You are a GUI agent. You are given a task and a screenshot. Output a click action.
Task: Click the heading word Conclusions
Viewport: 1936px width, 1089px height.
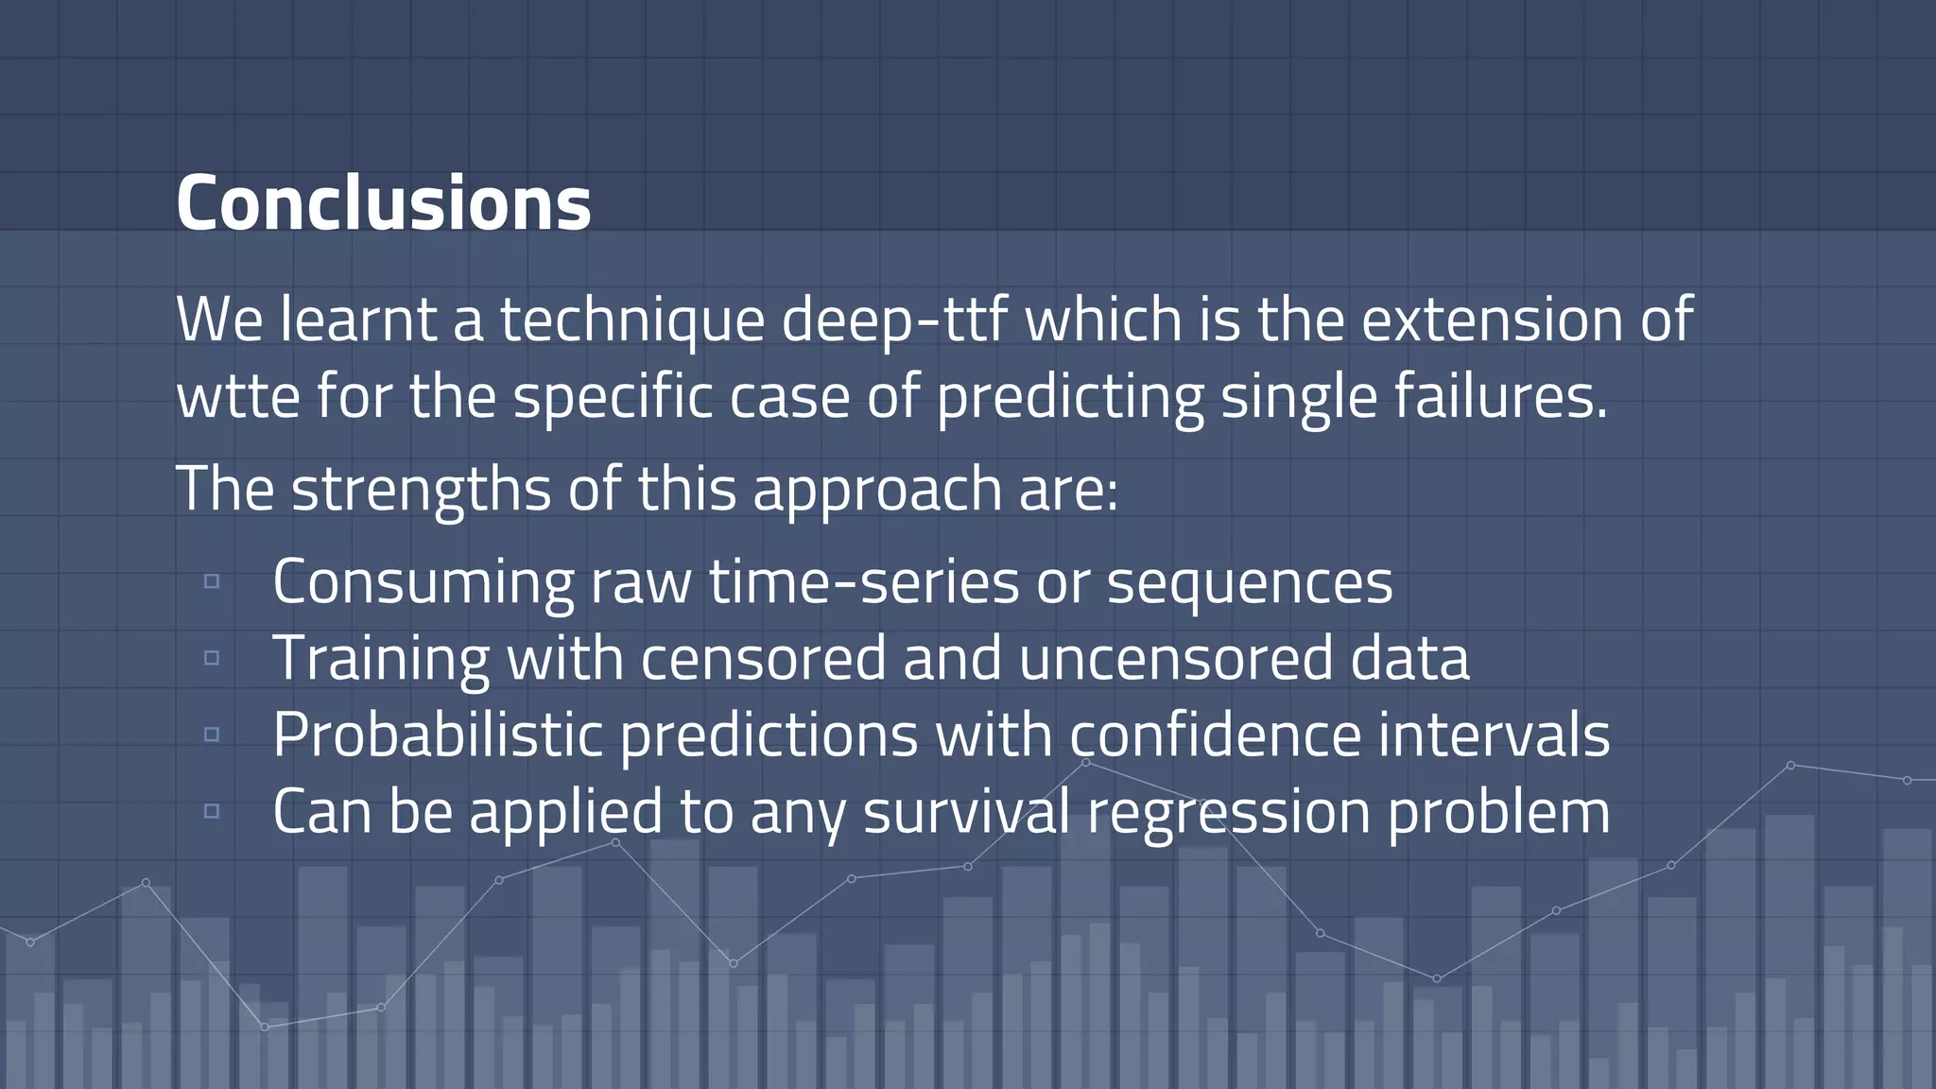tap(383, 203)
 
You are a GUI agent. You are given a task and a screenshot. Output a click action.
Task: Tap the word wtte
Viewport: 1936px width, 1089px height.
tap(238, 397)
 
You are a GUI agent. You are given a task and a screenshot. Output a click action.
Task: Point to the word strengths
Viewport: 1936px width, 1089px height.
tap(421, 490)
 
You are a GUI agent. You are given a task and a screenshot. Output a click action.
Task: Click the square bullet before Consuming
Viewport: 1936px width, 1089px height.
tap(212, 581)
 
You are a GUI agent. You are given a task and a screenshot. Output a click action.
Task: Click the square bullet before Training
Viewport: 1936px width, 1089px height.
tap(212, 658)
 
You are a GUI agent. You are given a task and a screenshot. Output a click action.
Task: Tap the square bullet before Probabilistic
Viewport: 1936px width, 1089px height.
tap(212, 735)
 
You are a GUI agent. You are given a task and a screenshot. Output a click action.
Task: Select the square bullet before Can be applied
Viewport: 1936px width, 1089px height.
tap(212, 811)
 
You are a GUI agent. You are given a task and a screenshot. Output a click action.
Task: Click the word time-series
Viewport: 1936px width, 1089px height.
tap(864, 581)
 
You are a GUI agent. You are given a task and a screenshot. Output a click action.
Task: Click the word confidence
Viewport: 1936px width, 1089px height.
tap(1215, 735)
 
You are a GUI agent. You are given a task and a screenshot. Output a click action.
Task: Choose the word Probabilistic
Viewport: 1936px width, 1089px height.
tap(438, 735)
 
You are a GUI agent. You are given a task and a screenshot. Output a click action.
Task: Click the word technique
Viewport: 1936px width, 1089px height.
tap(631, 320)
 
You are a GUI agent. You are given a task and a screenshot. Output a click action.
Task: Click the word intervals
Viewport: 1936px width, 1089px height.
tap(1494, 735)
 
